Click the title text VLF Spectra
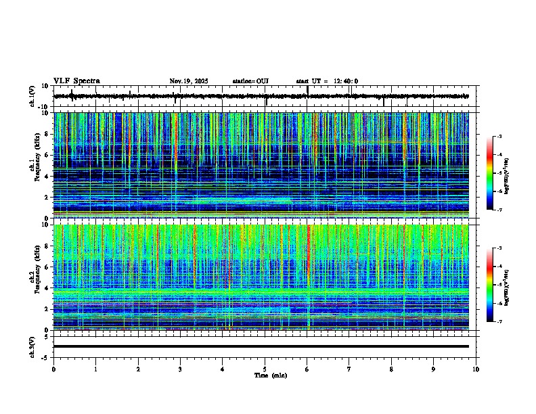76,81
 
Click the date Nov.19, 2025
188,81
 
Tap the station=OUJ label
250,81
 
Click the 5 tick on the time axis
265,369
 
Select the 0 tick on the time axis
53,369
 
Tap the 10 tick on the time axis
476,369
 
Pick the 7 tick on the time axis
349,369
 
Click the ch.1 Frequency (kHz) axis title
35,166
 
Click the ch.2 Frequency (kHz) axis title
35,277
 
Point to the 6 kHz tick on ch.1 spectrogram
47,155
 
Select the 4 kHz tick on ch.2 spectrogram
47,287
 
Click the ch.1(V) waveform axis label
32,96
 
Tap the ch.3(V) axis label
32,346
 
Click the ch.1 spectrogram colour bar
489,173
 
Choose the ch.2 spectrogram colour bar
489,285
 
